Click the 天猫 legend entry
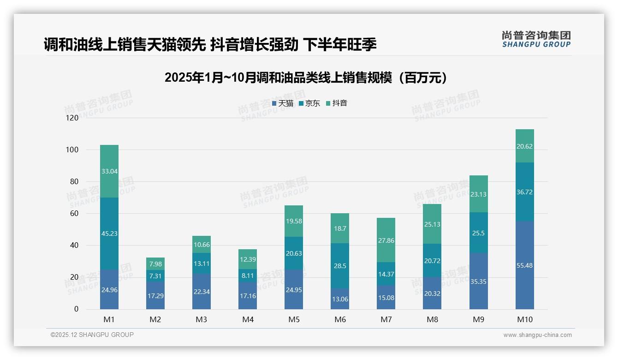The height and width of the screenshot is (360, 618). [x=283, y=103]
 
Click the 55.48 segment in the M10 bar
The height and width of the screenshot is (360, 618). [x=524, y=265]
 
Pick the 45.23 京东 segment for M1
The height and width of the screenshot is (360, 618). [x=109, y=234]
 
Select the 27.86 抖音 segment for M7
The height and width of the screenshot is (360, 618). [x=386, y=240]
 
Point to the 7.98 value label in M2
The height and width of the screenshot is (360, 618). [x=155, y=264]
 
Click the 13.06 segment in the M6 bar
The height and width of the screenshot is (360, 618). [x=340, y=299]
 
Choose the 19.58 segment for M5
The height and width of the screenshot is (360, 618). [x=294, y=221]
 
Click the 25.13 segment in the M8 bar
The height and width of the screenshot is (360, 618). [x=432, y=224]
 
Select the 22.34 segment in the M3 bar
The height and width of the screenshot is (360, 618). [x=202, y=292]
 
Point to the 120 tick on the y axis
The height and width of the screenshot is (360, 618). [x=72, y=118]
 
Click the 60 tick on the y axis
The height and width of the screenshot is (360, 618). [x=74, y=214]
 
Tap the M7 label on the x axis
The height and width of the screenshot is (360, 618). [x=386, y=319]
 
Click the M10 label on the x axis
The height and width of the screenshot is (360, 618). [x=524, y=319]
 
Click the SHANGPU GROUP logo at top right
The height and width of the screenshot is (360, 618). [x=536, y=39]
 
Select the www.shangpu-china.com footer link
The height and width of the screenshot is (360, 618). [x=537, y=335]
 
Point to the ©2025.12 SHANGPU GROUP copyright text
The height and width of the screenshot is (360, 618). [x=92, y=335]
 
